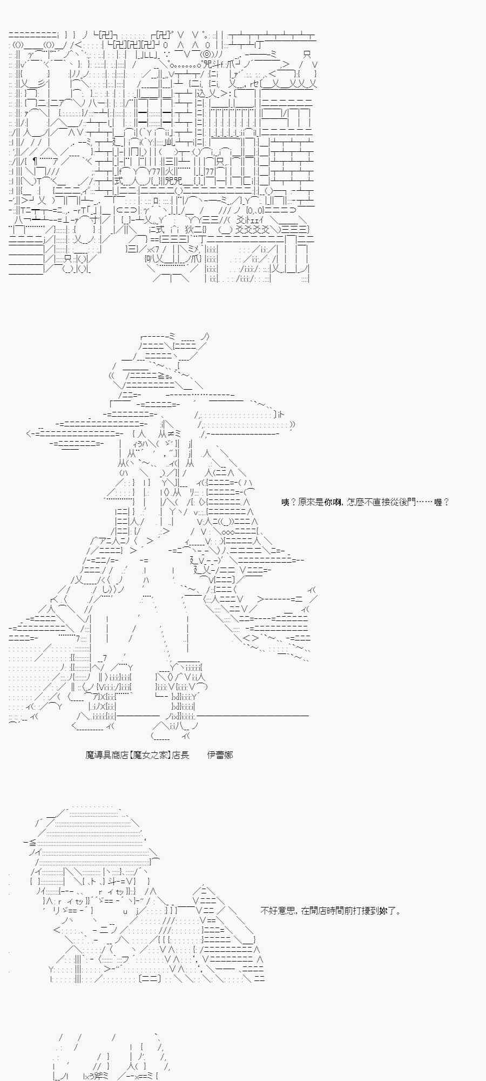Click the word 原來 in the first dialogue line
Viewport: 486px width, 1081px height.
click(x=307, y=502)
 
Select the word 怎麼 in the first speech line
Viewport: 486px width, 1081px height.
click(x=355, y=502)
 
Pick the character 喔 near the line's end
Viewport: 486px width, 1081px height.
click(x=438, y=502)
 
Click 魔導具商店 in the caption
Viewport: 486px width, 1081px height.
click(x=107, y=755)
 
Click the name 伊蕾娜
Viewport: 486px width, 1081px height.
click(x=220, y=755)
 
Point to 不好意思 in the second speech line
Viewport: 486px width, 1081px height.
click(x=278, y=911)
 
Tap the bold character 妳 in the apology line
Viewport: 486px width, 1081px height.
click(x=381, y=911)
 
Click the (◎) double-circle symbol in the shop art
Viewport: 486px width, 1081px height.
click(x=206, y=55)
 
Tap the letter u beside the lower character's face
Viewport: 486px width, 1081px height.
click(x=125, y=911)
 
